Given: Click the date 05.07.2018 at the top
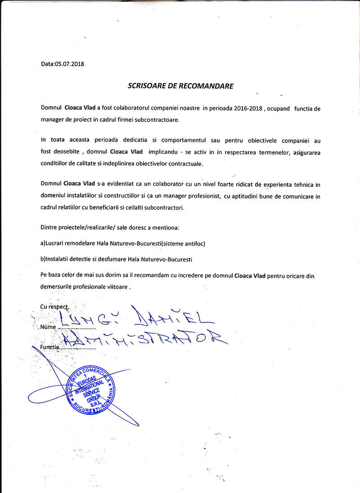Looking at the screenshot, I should [x=69, y=64].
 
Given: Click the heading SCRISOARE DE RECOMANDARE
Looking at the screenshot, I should [x=180, y=85].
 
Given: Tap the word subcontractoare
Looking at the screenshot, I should [x=158, y=120].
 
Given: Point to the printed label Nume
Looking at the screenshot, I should [x=47, y=327].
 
